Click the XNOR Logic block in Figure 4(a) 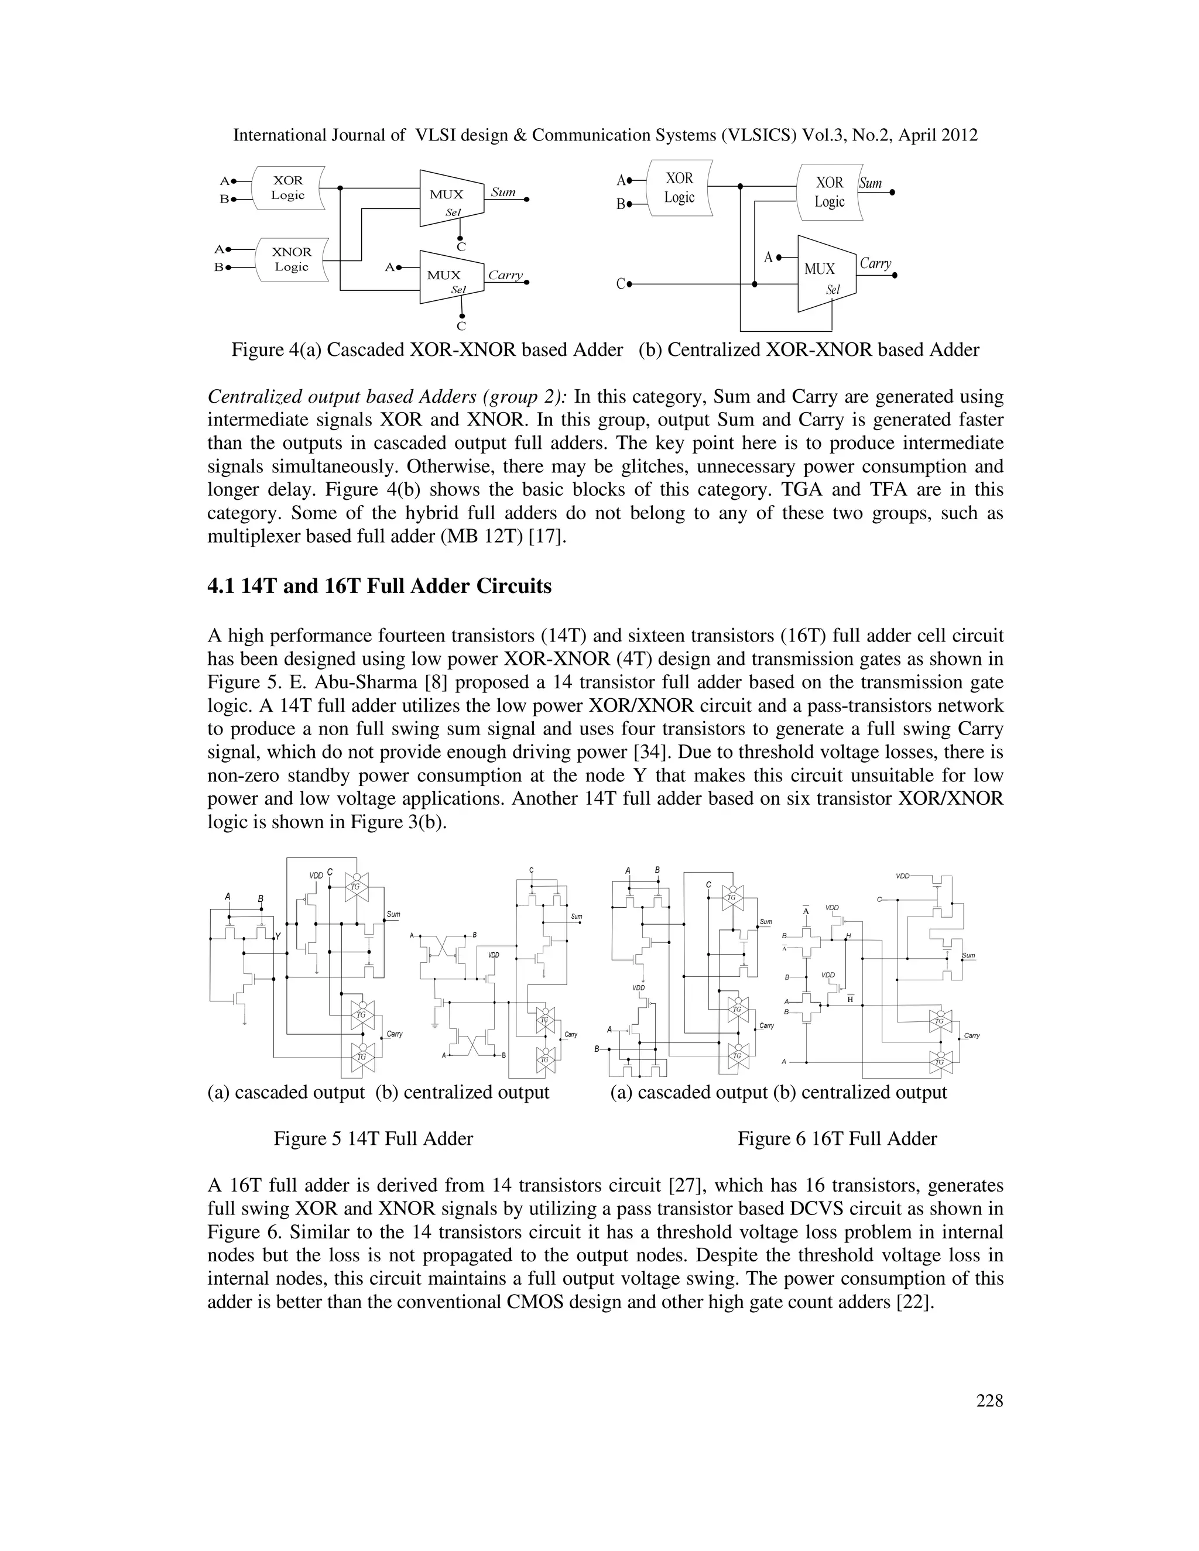pos(291,259)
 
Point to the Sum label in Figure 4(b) pos(871,183)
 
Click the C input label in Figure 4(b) pos(620,284)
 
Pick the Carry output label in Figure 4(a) pos(505,276)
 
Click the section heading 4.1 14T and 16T pos(379,586)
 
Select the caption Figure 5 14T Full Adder pos(373,1139)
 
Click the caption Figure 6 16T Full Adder pos(837,1139)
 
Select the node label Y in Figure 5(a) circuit pos(278,936)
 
